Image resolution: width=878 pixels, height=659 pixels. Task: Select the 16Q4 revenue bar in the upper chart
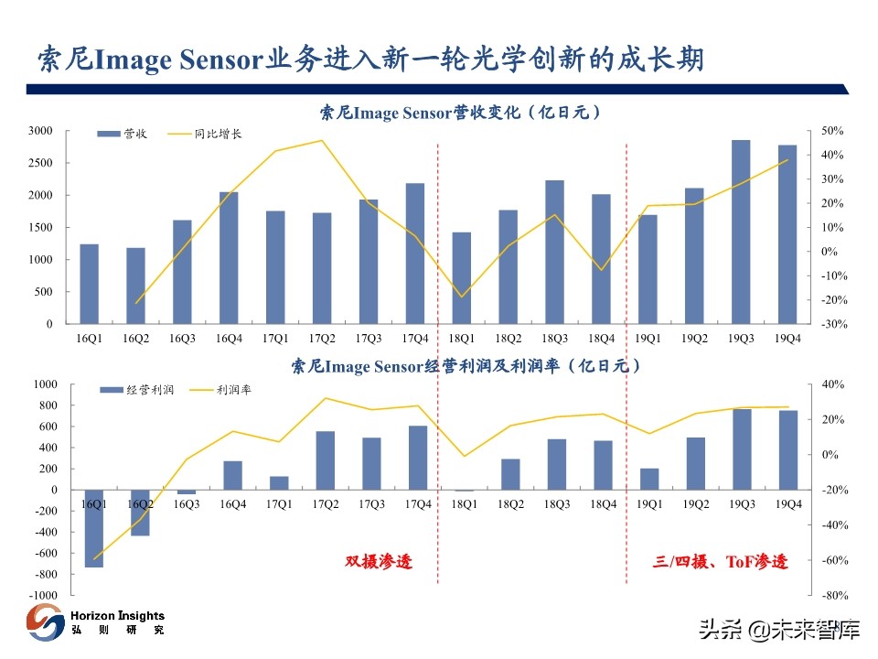pyautogui.click(x=229, y=258)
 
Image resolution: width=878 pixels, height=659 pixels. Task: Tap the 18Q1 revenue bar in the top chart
pyautogui.click(x=462, y=278)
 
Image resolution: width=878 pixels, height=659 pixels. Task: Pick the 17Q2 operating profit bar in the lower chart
pyautogui.click(x=325, y=460)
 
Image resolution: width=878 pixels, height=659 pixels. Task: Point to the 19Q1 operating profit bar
pyautogui.click(x=648, y=479)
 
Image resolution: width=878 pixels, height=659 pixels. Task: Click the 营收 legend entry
pyautogui.click(x=123, y=135)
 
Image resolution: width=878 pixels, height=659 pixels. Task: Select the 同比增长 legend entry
pyautogui.click(x=205, y=135)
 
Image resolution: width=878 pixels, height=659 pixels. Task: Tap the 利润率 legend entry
pyautogui.click(x=219, y=390)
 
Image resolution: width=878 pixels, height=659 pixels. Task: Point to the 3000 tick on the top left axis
pyautogui.click(x=40, y=131)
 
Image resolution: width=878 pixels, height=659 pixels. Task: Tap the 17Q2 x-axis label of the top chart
pyautogui.click(x=322, y=338)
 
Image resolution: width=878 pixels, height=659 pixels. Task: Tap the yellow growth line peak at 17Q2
pyautogui.click(x=322, y=141)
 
